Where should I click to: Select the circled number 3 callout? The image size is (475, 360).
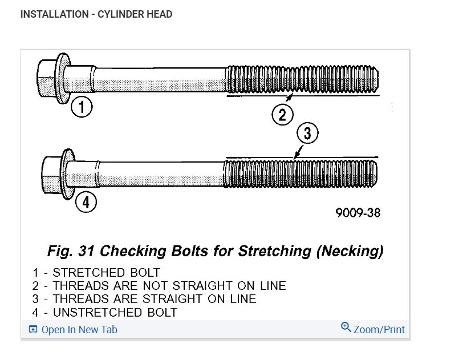[307, 134]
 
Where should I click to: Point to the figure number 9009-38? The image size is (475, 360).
[358, 213]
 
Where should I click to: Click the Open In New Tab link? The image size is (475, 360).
[79, 329]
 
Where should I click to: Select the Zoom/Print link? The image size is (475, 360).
[379, 329]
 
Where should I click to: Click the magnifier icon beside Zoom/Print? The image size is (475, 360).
[346, 327]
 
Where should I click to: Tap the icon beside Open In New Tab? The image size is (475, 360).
[33, 329]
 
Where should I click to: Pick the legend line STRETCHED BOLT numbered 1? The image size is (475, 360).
[97, 272]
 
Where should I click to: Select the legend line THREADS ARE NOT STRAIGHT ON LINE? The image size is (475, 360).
[160, 285]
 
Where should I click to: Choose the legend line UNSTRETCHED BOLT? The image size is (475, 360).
[105, 312]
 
